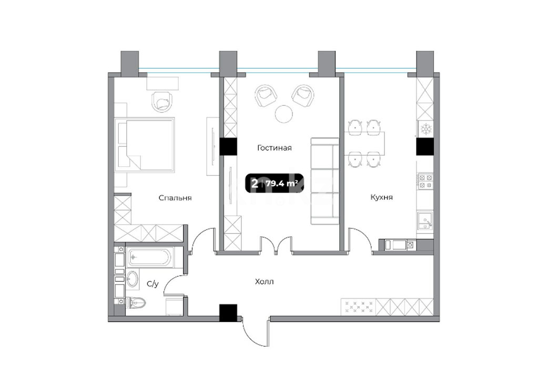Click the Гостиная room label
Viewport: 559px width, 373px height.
coord(274,148)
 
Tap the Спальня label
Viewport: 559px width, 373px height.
coord(175,198)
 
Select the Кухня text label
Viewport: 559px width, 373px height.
coord(381,197)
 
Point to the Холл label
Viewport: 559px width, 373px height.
coord(265,281)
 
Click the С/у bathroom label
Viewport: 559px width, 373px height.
coord(153,284)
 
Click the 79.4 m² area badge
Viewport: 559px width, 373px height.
coord(274,184)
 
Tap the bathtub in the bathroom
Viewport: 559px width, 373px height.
coord(150,257)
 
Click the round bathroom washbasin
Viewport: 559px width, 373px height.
coord(133,279)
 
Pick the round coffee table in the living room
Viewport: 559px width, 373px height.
coord(284,114)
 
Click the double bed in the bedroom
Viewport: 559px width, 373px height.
coord(145,145)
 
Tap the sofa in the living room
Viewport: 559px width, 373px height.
coord(324,181)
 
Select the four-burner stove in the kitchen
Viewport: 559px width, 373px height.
coord(425,181)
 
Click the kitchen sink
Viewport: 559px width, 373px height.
coord(425,220)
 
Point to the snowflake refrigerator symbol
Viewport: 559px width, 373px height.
coord(425,129)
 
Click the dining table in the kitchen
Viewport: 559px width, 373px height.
coord(365,143)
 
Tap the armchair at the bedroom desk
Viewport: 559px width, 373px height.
coord(162,102)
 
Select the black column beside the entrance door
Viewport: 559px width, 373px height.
coord(228,312)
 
